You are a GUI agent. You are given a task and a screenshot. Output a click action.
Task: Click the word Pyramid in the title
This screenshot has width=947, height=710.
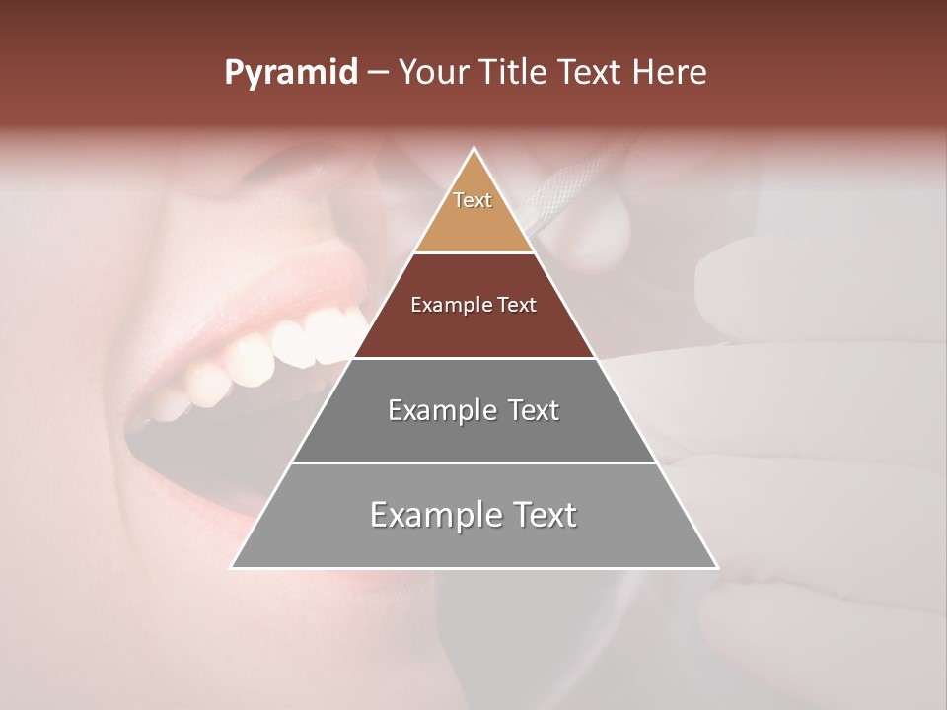pyautogui.click(x=290, y=73)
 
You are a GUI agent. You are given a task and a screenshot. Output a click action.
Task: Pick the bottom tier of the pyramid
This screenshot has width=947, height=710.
pyautogui.click(x=474, y=542)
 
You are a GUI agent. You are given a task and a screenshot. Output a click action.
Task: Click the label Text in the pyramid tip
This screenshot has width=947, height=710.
pyautogui.click(x=473, y=200)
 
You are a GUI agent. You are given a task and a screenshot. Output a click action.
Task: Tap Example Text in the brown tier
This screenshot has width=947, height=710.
pyautogui.click(x=473, y=305)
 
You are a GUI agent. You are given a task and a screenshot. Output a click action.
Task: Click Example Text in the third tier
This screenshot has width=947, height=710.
pyautogui.click(x=473, y=410)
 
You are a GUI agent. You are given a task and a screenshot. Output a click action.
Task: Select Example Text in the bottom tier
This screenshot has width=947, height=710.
pyautogui.click(x=473, y=515)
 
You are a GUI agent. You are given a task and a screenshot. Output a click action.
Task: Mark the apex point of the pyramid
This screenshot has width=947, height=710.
pyautogui.click(x=474, y=149)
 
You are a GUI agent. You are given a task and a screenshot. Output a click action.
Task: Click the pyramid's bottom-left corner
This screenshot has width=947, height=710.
pyautogui.click(x=232, y=567)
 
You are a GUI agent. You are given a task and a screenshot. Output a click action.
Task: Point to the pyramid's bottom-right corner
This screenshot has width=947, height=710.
pyautogui.click(x=717, y=567)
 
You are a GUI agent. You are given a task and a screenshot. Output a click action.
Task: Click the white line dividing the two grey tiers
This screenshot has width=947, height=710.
pyautogui.click(x=474, y=462)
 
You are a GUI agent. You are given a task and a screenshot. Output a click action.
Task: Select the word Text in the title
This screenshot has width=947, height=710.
pyautogui.click(x=590, y=73)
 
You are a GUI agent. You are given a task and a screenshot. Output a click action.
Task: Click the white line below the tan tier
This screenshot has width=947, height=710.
pyautogui.click(x=474, y=253)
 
